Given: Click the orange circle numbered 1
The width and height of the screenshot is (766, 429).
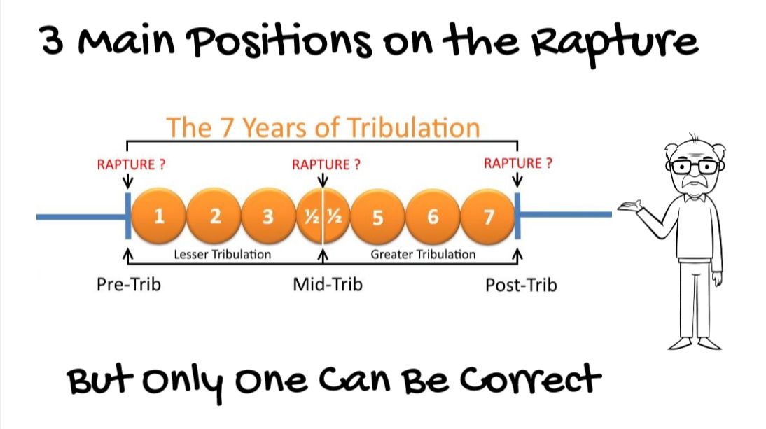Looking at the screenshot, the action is pyautogui.click(x=159, y=216).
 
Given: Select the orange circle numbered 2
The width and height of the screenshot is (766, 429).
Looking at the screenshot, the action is pyautogui.click(x=214, y=216).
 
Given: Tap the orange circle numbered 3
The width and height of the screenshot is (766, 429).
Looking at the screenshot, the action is pyautogui.click(x=269, y=216).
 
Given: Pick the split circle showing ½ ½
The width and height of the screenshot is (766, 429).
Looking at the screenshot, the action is pyautogui.click(x=323, y=216).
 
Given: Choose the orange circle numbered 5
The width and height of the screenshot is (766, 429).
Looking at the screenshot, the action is pyautogui.click(x=377, y=216).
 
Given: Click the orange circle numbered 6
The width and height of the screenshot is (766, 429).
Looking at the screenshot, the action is pyautogui.click(x=433, y=216).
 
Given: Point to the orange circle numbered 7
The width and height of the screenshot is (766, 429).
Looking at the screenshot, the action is pyautogui.click(x=487, y=216).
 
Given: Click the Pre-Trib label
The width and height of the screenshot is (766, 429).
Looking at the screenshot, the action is pyautogui.click(x=128, y=284).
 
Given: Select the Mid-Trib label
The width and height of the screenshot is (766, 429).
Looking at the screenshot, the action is pyautogui.click(x=328, y=284).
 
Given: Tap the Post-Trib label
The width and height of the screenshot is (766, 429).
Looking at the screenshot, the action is pyautogui.click(x=521, y=285).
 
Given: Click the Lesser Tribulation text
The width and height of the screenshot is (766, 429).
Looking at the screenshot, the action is pyautogui.click(x=222, y=254).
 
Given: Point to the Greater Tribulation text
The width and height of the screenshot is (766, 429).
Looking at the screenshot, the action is pyautogui.click(x=423, y=254).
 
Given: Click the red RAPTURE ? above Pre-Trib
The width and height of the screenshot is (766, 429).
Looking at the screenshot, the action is pyautogui.click(x=131, y=164).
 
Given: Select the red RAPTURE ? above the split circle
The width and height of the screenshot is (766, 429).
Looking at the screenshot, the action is pyautogui.click(x=326, y=164).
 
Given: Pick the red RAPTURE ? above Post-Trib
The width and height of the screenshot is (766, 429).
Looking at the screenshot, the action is pyautogui.click(x=518, y=163).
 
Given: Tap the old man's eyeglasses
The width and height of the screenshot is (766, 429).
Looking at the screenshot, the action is pyautogui.click(x=695, y=167).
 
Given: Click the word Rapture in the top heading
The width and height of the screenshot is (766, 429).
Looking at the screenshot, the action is pyautogui.click(x=615, y=43).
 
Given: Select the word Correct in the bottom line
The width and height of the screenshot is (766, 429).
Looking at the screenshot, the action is pyautogui.click(x=530, y=381).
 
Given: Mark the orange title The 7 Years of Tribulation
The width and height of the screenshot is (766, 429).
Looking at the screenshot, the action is pyautogui.click(x=323, y=128).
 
